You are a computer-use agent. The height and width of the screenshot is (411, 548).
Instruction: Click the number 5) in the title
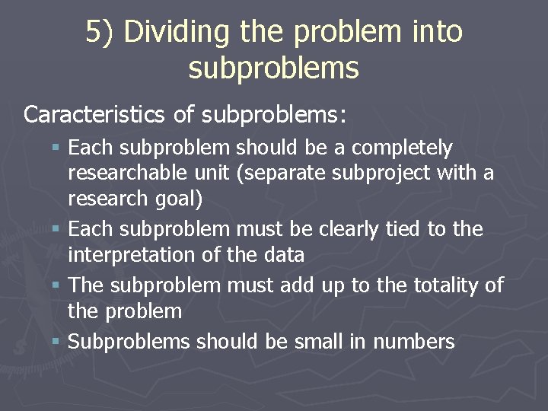click(x=100, y=33)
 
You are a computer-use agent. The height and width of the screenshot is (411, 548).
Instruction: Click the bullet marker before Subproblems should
click(x=58, y=342)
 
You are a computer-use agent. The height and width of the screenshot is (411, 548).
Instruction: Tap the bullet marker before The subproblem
click(x=58, y=285)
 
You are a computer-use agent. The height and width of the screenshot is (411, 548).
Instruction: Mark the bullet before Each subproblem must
click(x=58, y=229)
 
